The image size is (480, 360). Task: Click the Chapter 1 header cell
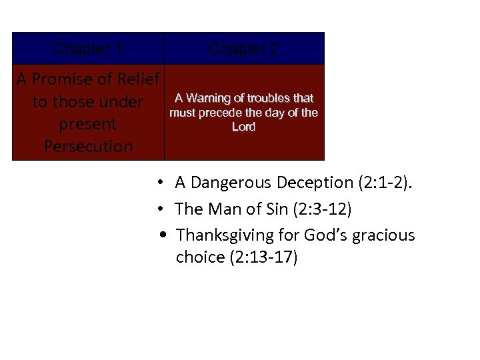click(87, 49)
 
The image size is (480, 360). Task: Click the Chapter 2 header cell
click(244, 49)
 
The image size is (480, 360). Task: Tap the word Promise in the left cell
click(63, 80)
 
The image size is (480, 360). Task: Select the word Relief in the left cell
click(137, 80)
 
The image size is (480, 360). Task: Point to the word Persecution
click(88, 147)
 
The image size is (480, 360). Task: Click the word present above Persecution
click(88, 125)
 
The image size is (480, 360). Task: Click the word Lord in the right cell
click(243, 127)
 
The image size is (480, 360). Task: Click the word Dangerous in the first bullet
click(231, 183)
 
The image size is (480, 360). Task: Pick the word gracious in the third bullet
click(387, 235)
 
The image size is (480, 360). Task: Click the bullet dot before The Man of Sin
click(161, 209)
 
